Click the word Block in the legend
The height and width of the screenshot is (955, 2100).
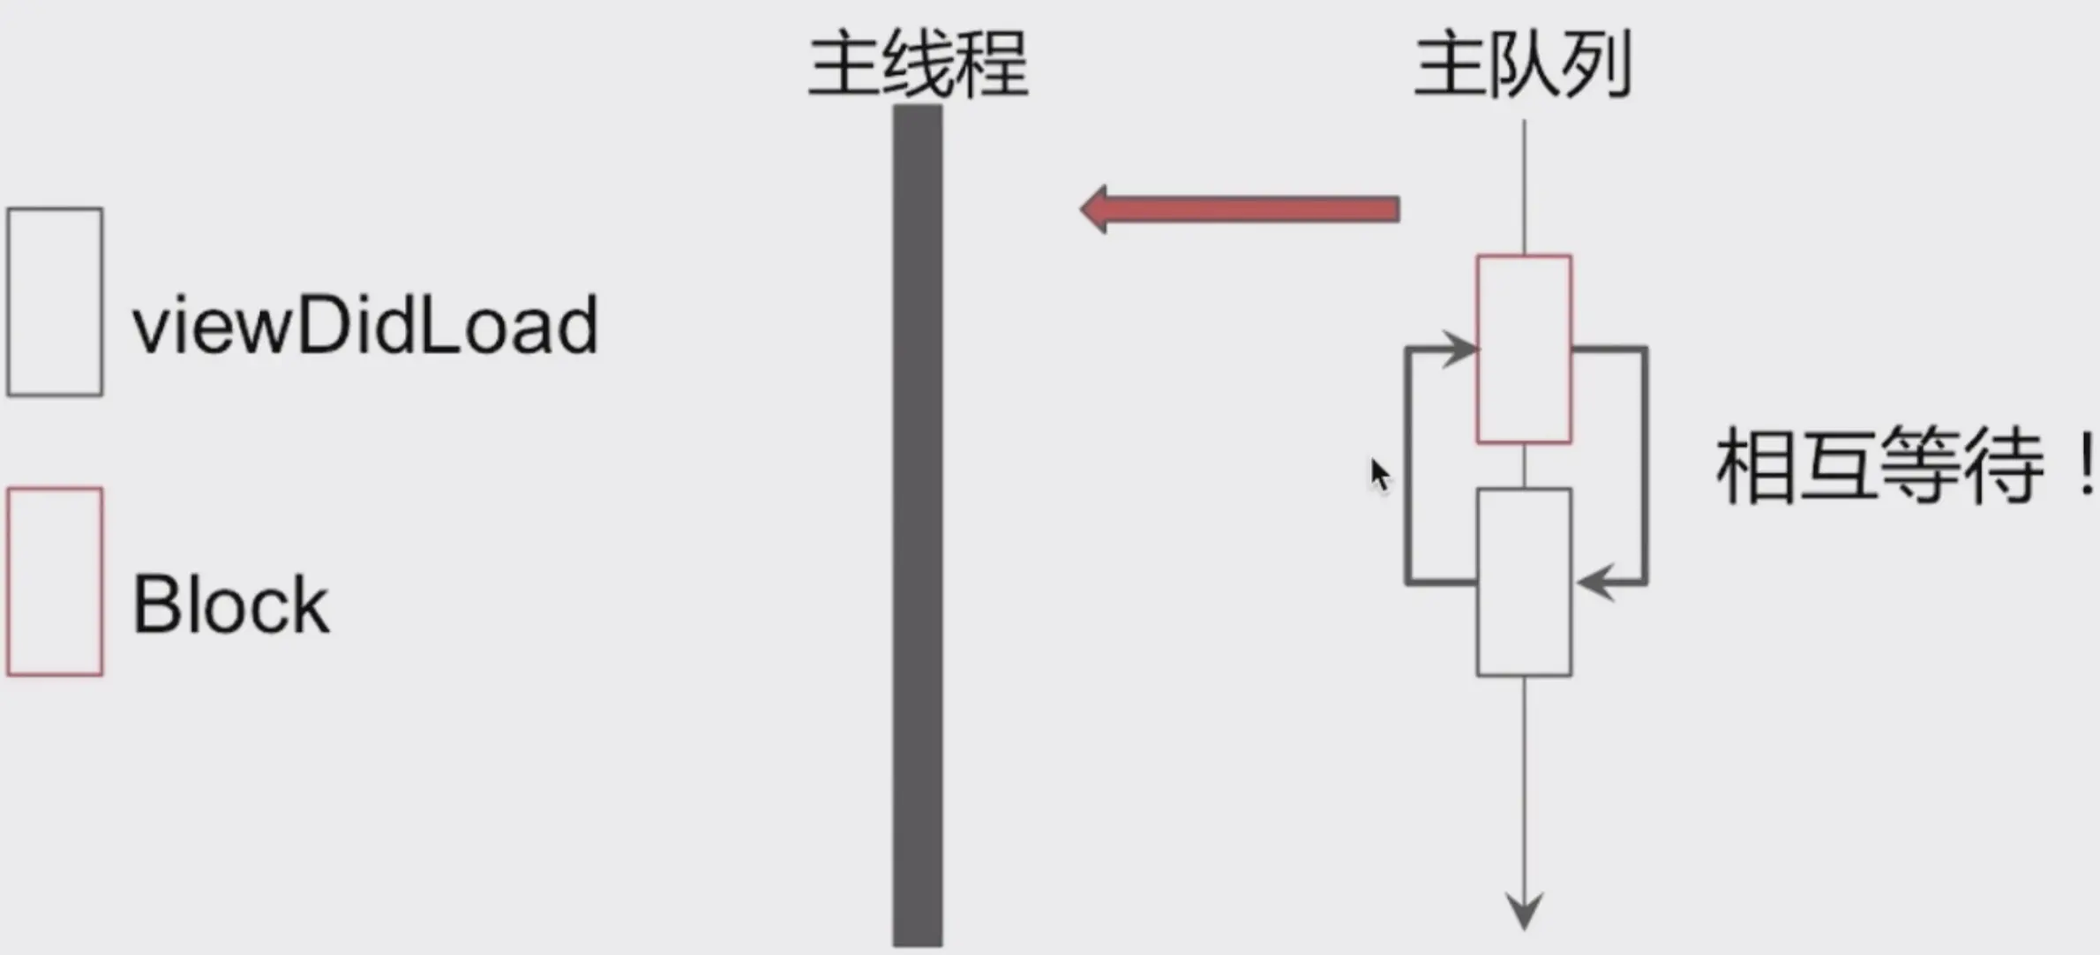231,605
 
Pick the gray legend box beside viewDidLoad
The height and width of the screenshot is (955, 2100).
55,302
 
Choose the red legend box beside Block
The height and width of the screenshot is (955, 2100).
55,582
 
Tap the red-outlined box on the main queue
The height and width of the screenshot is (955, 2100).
1524,349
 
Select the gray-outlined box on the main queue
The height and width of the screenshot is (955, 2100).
1524,583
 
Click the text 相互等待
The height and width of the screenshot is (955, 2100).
1879,465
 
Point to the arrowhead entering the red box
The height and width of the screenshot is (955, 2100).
1460,349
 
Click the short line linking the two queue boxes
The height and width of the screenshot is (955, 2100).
1524,465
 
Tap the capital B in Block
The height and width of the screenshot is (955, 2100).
155,605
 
